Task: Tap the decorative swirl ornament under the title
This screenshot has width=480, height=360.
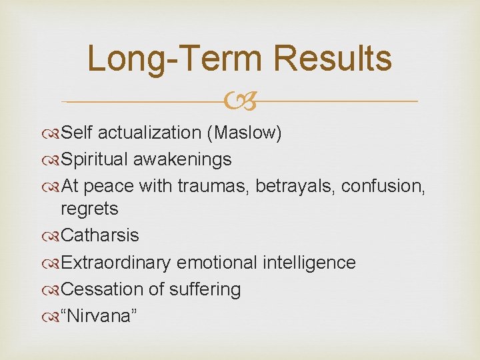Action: (240, 102)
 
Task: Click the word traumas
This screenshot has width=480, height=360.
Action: (213, 187)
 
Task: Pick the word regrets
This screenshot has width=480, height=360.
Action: (89, 209)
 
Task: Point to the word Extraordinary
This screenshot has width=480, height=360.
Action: (115, 263)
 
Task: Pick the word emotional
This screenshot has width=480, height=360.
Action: (215, 263)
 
